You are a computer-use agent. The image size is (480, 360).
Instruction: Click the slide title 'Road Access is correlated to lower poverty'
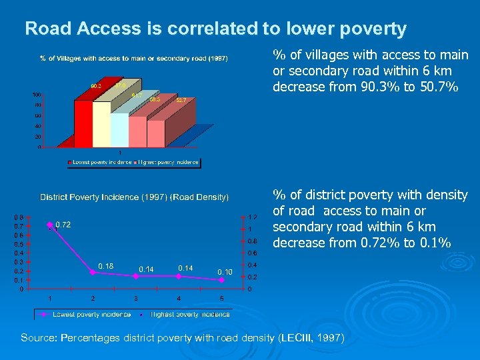[215, 29]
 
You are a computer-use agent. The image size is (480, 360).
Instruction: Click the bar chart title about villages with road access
[133, 59]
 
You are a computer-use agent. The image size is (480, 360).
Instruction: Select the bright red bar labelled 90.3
[83, 123]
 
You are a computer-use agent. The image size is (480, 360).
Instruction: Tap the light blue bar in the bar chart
[119, 130]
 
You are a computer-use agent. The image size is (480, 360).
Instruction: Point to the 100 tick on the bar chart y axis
[37, 95]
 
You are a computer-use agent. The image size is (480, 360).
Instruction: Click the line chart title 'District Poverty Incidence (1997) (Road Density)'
[134, 197]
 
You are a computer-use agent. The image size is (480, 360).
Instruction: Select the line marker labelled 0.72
[49, 225]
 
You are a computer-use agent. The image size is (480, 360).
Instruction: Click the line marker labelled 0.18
[93, 272]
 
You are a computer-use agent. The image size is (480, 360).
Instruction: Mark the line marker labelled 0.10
[221, 280]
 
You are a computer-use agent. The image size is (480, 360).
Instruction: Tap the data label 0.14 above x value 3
[146, 269]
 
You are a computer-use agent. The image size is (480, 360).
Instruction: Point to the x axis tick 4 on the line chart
[179, 298]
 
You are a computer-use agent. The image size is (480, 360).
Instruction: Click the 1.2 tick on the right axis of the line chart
[253, 217]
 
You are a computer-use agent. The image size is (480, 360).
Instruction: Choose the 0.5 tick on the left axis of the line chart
[21, 245]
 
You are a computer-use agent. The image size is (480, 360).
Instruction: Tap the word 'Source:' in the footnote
[39, 338]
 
